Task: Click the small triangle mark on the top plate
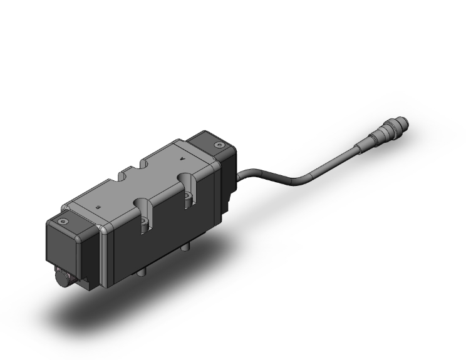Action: [183, 160]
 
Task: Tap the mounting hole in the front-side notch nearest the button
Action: [145, 223]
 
